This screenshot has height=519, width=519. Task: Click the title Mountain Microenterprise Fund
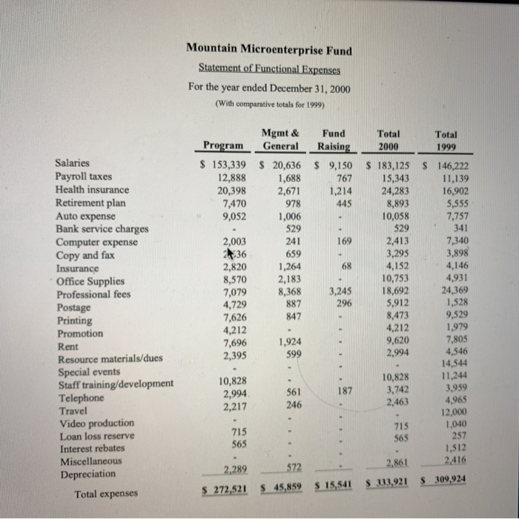(269, 50)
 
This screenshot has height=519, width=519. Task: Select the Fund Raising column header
(334, 140)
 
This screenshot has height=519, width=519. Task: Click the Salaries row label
(73, 163)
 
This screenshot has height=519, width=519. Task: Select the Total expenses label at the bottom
(105, 493)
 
